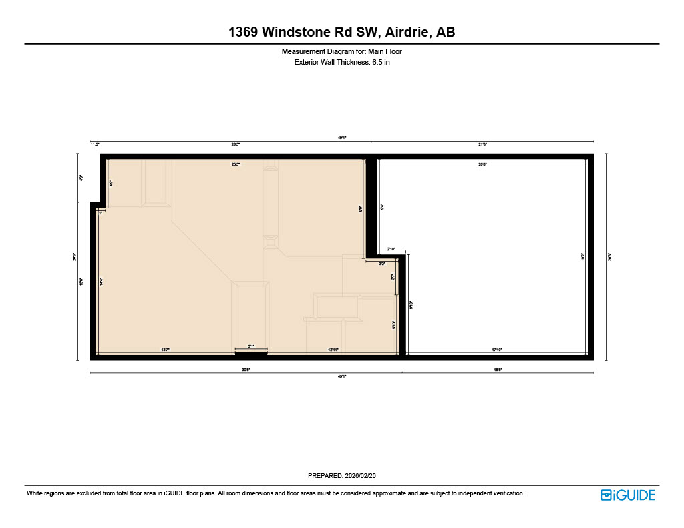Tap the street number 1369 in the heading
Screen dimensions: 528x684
click(243, 32)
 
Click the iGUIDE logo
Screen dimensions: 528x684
click(627, 495)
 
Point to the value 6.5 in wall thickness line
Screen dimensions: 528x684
click(377, 62)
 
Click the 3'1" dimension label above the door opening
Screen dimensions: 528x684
click(251, 347)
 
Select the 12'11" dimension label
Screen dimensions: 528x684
click(333, 350)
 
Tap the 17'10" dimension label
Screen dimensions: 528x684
click(498, 350)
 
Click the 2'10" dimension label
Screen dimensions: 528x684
click(391, 250)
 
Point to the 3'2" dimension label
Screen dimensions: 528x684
click(381, 264)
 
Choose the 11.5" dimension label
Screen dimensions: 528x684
click(95, 144)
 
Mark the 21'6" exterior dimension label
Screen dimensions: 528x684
click(482, 144)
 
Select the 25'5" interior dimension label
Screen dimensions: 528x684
click(235, 164)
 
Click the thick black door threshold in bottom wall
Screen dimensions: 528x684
click(251, 354)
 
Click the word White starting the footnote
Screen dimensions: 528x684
click(35, 493)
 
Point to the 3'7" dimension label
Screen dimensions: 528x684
click(393, 276)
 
